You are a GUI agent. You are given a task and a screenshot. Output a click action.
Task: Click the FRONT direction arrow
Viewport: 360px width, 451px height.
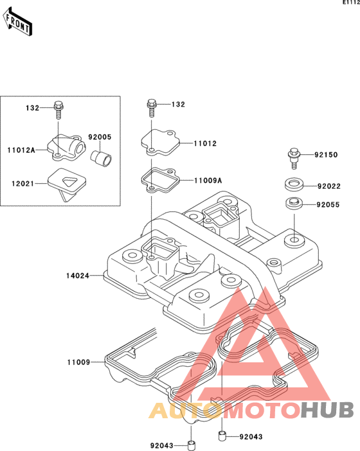(x=17, y=21)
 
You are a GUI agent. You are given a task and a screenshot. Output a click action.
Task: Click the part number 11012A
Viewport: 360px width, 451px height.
(x=21, y=150)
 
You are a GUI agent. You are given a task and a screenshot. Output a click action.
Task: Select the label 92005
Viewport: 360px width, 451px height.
(x=100, y=137)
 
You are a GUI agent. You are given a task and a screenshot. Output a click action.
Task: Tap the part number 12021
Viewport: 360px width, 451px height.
(x=22, y=184)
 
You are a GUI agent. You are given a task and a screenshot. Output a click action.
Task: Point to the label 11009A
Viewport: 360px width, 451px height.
(x=208, y=181)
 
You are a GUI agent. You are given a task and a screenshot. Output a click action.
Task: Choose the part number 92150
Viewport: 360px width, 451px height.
(x=326, y=155)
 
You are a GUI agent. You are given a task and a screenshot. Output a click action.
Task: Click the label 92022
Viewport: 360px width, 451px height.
(x=329, y=186)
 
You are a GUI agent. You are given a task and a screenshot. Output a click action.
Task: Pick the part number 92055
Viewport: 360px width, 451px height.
(x=328, y=205)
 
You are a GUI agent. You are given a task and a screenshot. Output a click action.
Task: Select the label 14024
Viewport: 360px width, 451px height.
(x=78, y=276)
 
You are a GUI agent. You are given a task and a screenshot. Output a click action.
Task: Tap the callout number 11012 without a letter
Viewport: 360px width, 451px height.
(x=205, y=143)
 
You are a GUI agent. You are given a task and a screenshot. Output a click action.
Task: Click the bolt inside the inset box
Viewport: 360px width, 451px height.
(x=59, y=110)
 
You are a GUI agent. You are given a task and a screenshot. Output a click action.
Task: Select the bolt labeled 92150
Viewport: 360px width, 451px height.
(x=294, y=159)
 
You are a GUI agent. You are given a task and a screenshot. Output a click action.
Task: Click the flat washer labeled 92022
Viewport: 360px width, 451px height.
(x=294, y=184)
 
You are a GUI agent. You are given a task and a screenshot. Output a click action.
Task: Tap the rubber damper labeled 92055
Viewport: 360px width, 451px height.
(x=294, y=204)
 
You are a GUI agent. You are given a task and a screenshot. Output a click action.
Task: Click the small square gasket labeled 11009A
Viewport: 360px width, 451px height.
(x=160, y=181)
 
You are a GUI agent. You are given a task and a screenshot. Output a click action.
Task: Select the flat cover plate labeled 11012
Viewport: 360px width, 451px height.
(x=160, y=143)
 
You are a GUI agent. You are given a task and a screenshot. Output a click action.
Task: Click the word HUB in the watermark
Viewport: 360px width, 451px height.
(x=327, y=410)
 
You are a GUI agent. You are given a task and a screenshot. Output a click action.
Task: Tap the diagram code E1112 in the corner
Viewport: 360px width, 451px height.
(x=351, y=3)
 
